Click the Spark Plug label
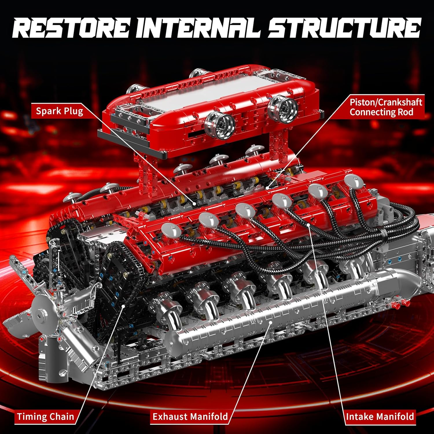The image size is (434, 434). click(x=59, y=111)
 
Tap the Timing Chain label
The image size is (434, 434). click(x=45, y=417)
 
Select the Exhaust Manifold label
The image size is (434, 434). click(x=190, y=417)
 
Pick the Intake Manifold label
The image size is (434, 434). click(x=380, y=417)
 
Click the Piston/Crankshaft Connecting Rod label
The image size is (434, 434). click(x=385, y=107)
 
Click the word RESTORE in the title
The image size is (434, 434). click(x=71, y=28)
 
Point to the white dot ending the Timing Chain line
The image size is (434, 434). click(x=124, y=306)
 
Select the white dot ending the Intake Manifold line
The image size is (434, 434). click(x=309, y=225)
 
